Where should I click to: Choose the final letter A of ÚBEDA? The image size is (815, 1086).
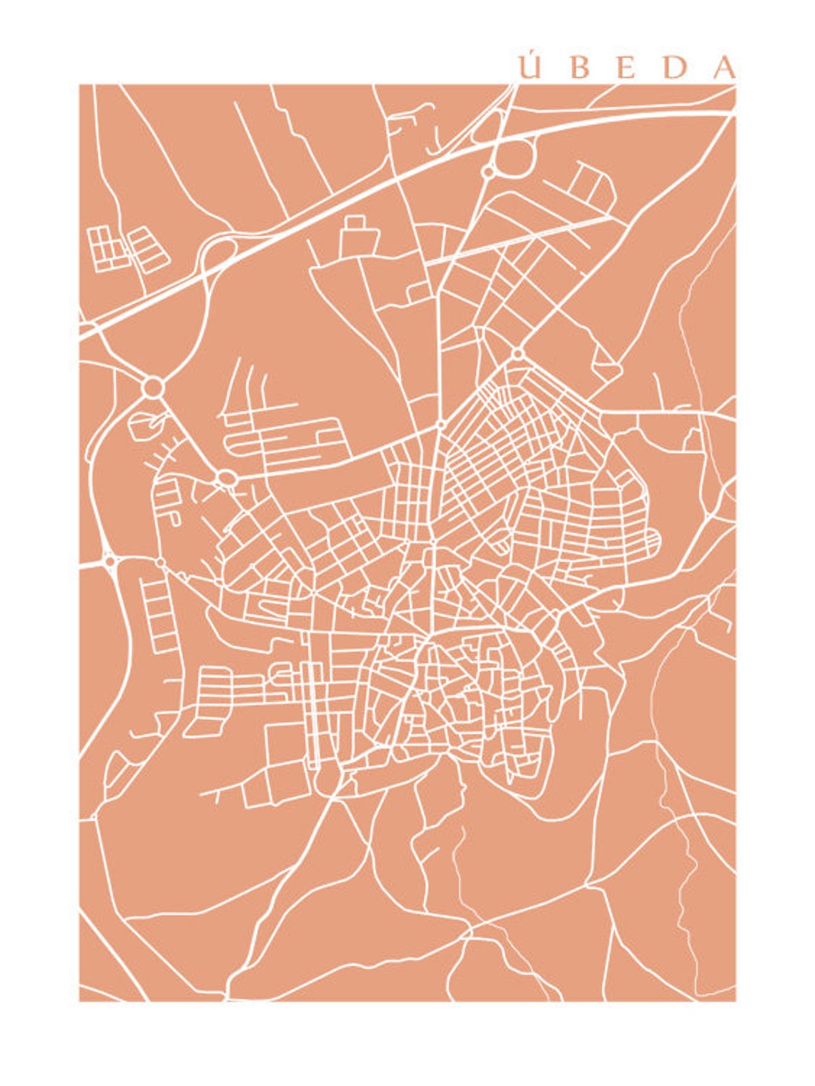[x=724, y=69]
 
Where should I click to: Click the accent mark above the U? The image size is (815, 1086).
[x=530, y=54]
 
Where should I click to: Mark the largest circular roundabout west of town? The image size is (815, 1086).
[x=152, y=388]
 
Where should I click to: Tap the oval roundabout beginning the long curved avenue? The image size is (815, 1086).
[x=227, y=477]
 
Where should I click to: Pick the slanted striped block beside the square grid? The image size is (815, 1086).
[x=149, y=250]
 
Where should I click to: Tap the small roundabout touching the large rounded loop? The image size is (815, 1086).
[x=488, y=172]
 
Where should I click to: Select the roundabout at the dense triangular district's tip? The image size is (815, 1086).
[x=517, y=353]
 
